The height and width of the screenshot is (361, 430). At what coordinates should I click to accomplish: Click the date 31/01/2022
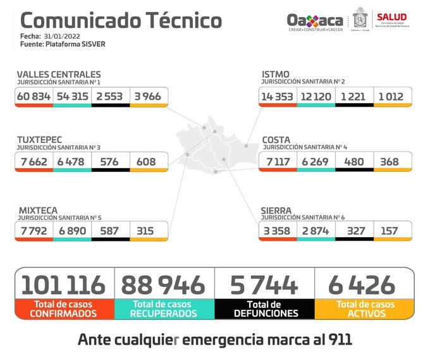click(x=66, y=37)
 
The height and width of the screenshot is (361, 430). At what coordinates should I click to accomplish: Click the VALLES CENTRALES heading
click(x=58, y=75)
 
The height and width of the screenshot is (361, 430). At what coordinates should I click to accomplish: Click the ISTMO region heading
click(x=276, y=75)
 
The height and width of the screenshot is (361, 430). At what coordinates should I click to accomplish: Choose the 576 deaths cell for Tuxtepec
click(x=109, y=161)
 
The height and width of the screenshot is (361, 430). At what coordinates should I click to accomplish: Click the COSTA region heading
click(x=276, y=139)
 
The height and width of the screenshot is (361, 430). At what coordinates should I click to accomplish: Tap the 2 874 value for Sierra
click(x=315, y=231)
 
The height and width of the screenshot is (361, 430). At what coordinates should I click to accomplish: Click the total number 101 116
click(x=63, y=285)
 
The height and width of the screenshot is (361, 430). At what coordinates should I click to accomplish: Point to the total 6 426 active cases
click(x=362, y=285)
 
